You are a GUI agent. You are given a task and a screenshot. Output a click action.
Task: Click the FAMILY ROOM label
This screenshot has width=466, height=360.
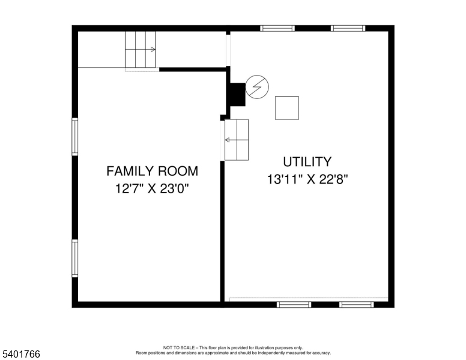click(x=152, y=171)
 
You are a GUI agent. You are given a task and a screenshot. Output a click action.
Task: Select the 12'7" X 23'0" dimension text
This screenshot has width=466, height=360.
click(x=152, y=189)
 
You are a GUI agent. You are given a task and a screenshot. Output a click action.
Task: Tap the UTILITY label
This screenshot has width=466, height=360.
click(x=307, y=161)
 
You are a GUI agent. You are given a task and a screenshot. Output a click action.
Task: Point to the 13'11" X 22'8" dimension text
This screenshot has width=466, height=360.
click(x=307, y=179)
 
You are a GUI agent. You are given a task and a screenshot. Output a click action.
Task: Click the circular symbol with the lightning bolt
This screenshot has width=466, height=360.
click(x=257, y=88)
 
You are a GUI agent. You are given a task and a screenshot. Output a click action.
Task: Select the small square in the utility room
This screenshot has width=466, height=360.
click(x=286, y=107)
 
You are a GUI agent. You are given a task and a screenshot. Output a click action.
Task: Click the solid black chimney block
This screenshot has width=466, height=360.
click(x=237, y=94)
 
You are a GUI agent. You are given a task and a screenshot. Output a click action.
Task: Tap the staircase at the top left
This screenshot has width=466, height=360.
click(x=141, y=50)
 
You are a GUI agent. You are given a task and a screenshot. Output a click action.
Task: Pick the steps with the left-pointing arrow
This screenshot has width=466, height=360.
click(x=237, y=140)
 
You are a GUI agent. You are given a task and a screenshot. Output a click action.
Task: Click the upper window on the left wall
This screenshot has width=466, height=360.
click(x=75, y=137)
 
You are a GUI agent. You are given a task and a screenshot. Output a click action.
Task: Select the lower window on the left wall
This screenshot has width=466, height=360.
click(x=75, y=258)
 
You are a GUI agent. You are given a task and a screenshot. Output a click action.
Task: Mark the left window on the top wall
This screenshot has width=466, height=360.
click(x=277, y=28)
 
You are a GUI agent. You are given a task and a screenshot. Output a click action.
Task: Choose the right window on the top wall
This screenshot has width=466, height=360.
click(x=348, y=28)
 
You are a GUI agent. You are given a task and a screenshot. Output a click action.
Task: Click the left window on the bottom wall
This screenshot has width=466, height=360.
click(x=294, y=305)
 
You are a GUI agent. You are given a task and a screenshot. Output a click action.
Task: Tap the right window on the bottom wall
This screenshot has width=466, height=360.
click(x=356, y=305)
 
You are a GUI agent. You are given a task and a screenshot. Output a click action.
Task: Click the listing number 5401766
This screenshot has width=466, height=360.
click(x=20, y=355)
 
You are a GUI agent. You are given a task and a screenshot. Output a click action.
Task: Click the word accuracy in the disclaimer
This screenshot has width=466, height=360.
click(x=319, y=353)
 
